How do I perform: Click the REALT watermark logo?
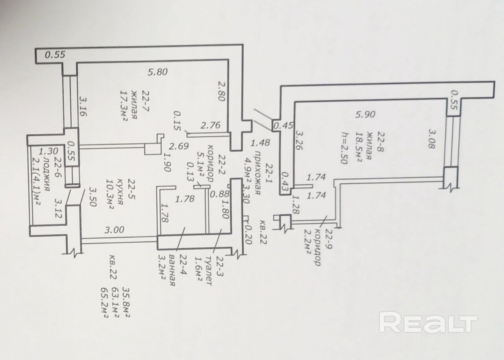(428, 322)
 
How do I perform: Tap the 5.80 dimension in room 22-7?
(157, 72)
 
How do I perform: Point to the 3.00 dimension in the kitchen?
(114, 230)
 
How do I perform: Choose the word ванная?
(172, 270)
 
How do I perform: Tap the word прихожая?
(258, 173)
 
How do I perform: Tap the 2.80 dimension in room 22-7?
(221, 91)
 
